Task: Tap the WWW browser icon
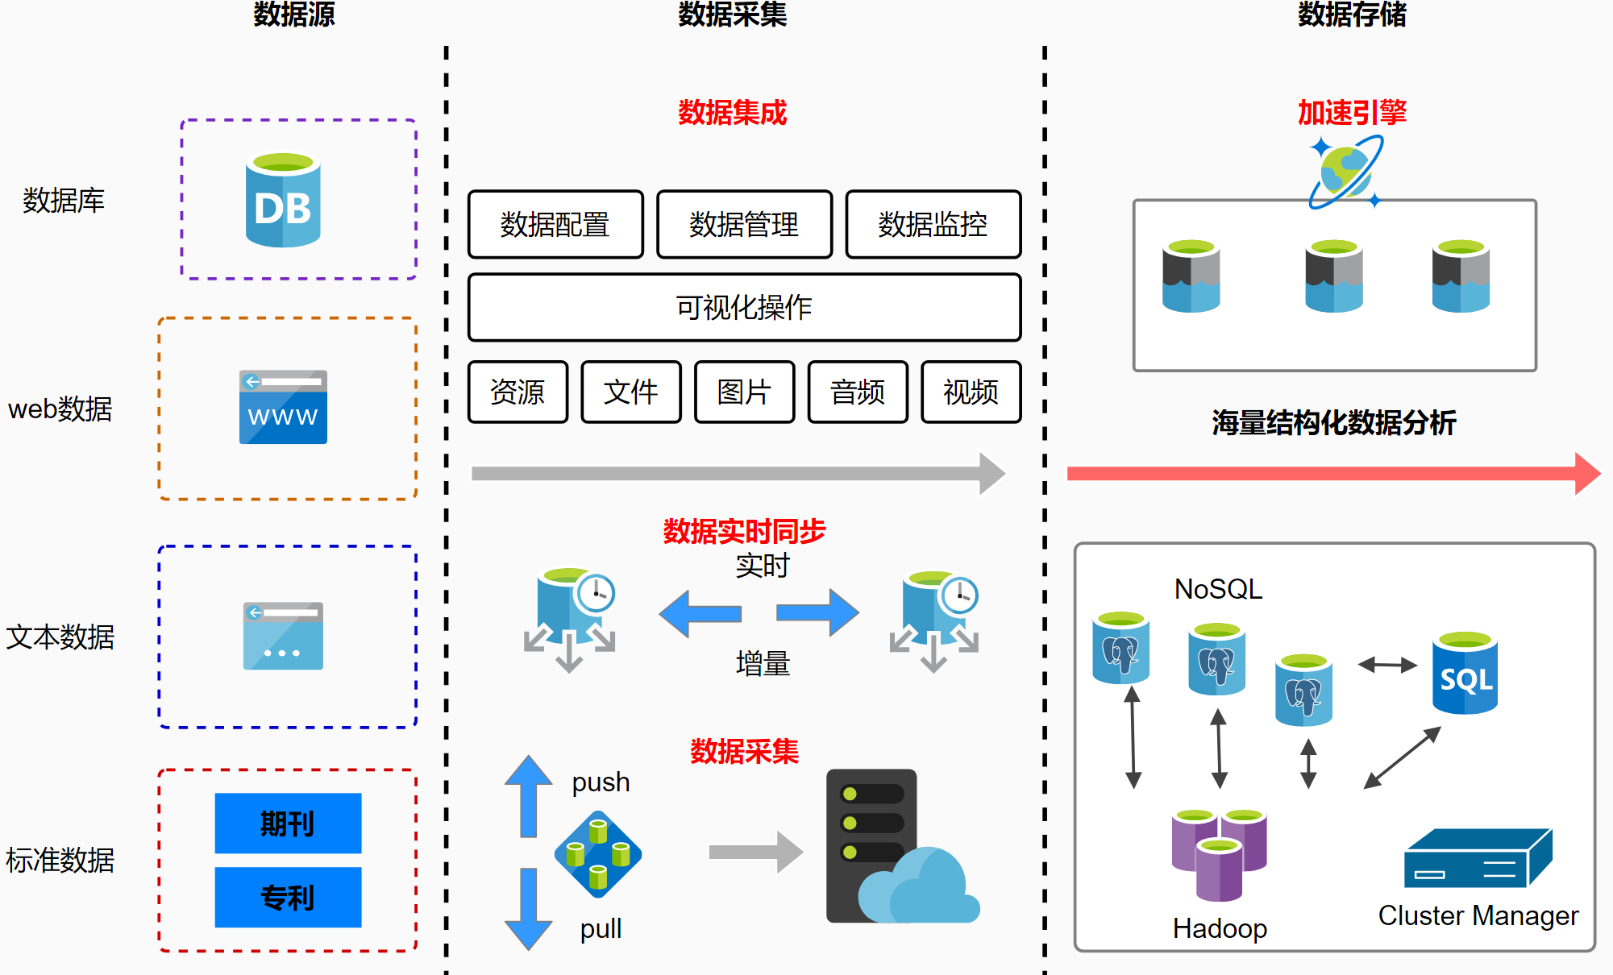pyautogui.click(x=283, y=407)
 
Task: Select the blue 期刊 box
pyautogui.click(x=288, y=823)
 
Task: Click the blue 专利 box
pyautogui.click(x=288, y=897)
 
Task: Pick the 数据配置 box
pyautogui.click(x=555, y=224)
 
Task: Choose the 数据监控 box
pyautogui.click(x=933, y=224)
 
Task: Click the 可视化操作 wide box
pyautogui.click(x=744, y=307)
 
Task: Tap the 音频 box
pyautogui.click(x=858, y=392)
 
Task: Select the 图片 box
pyautogui.click(x=744, y=392)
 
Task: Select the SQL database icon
pyautogui.click(x=1465, y=674)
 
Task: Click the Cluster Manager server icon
pyautogui.click(x=1478, y=859)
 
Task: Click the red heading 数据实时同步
pyautogui.click(x=744, y=531)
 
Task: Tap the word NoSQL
pyautogui.click(x=1218, y=589)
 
